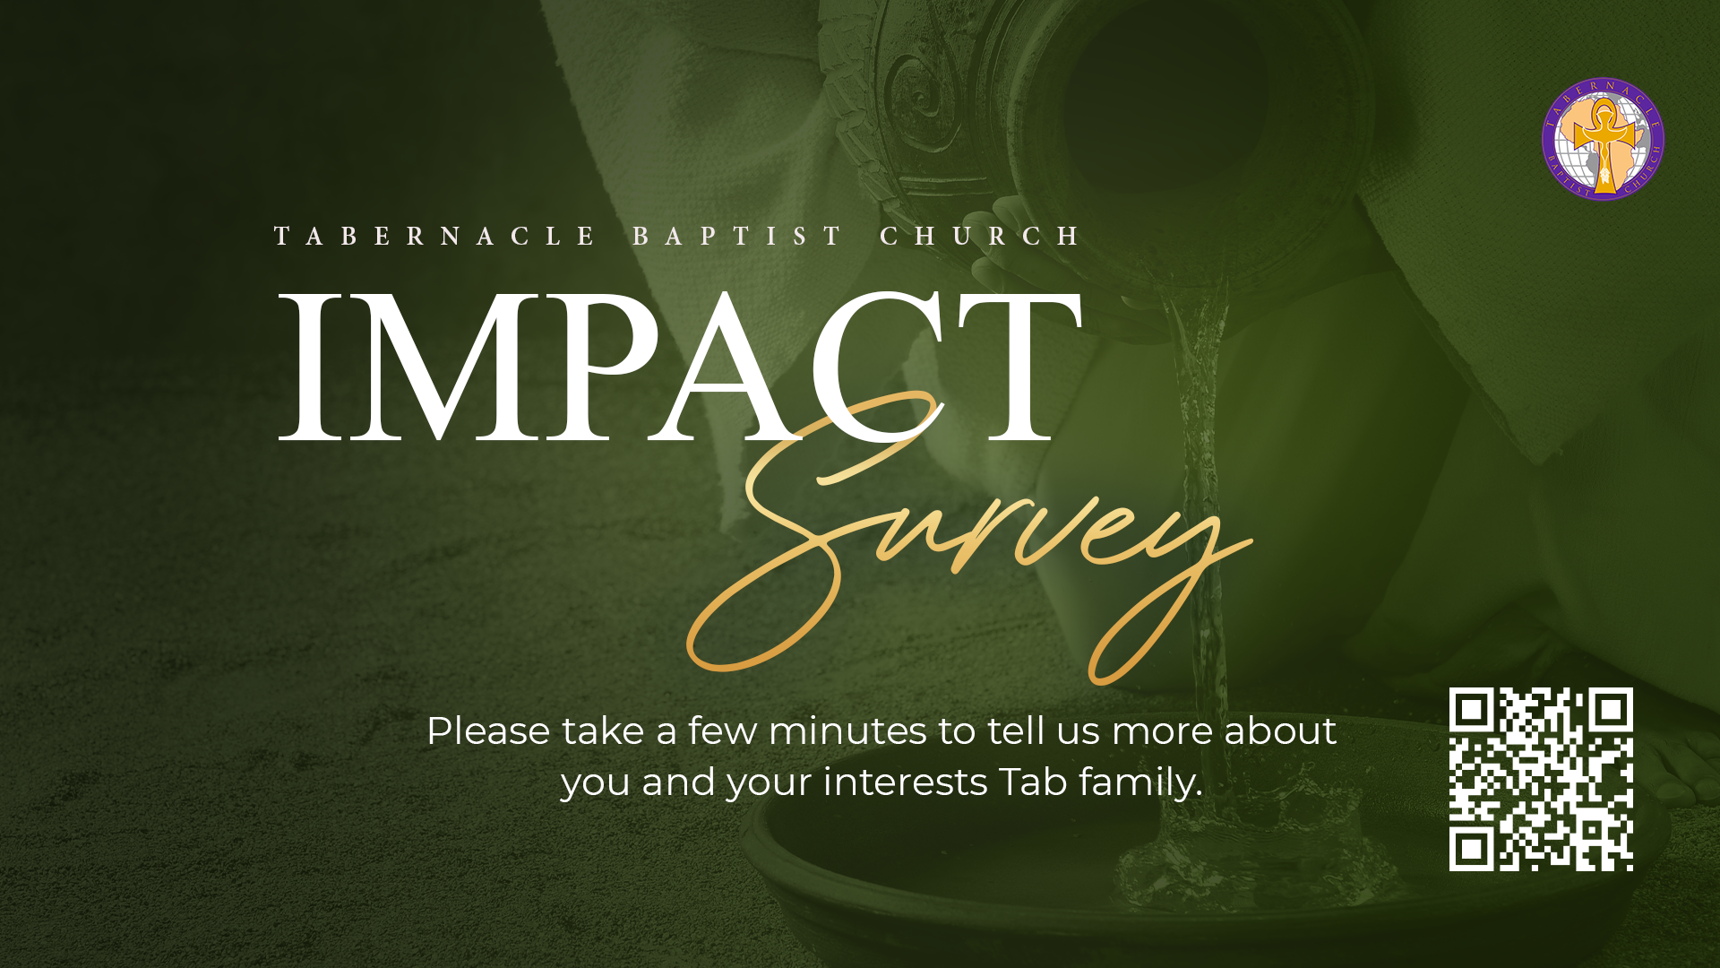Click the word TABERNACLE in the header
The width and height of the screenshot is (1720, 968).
(435, 236)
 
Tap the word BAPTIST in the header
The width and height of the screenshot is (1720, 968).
(737, 236)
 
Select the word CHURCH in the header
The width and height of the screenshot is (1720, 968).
(981, 236)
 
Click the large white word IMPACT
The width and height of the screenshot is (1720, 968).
(681, 367)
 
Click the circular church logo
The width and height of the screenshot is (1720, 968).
(1603, 139)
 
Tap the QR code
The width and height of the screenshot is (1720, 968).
(1541, 779)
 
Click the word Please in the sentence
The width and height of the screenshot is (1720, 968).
(488, 731)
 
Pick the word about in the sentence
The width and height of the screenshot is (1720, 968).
(1280, 731)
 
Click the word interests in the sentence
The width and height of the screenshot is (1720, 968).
(905, 782)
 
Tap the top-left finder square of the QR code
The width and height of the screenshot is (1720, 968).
(1471, 710)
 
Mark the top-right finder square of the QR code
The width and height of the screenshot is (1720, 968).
(1611, 710)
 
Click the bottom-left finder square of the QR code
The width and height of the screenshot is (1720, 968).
(1471, 849)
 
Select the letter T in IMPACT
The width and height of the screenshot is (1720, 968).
(1020, 367)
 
